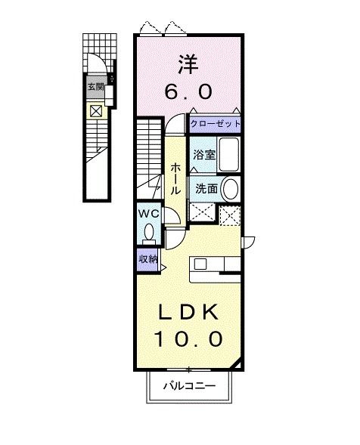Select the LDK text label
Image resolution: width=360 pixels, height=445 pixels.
pos(189,311)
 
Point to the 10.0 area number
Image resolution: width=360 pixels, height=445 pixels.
pos(189,338)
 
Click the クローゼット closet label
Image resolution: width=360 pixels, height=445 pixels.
pos(216,123)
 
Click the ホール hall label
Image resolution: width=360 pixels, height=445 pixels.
pos(175,178)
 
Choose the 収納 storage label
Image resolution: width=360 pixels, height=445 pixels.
pos(147,258)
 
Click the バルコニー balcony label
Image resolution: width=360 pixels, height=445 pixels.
pos(189,386)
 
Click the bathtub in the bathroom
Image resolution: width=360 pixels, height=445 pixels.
pos(228,154)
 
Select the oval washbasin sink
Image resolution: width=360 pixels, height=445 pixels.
pos(230,189)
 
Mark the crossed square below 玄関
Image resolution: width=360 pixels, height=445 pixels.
pos(97,111)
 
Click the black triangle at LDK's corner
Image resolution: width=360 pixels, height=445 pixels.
pos(239,365)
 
